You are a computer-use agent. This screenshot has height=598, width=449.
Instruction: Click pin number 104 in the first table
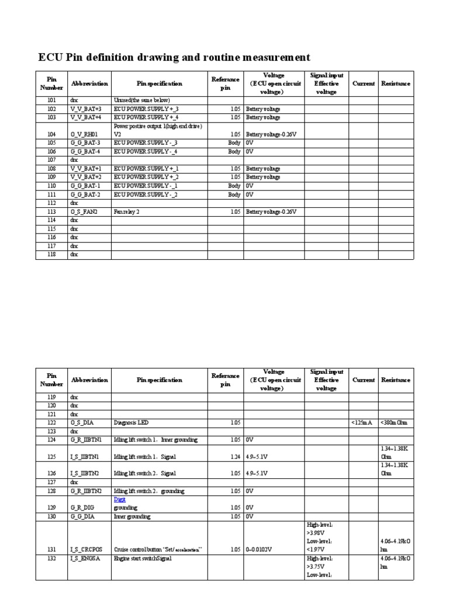[51, 134]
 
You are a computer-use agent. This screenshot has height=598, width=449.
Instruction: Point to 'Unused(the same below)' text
[141, 100]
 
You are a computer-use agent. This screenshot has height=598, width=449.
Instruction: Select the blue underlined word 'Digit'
[120, 500]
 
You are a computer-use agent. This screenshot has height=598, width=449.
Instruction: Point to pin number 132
[51, 559]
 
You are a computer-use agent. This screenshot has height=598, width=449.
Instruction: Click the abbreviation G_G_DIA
[85, 517]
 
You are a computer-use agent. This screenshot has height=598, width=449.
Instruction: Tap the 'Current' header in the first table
[364, 84]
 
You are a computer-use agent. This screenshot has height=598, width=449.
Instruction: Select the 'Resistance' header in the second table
[396, 380]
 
